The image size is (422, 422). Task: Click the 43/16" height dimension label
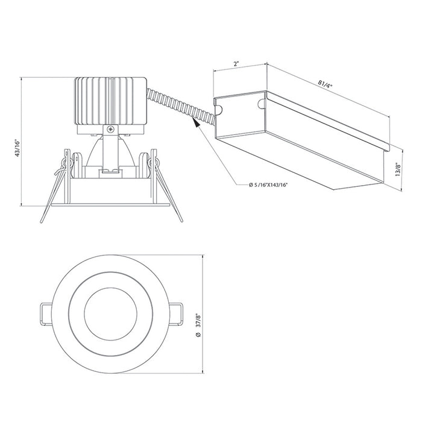coord(17,148)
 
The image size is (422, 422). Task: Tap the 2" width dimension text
coord(236,64)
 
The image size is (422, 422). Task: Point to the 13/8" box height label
coord(398,169)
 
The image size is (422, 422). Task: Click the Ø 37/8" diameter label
coord(198,325)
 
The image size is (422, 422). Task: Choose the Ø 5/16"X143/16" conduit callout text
coord(268,185)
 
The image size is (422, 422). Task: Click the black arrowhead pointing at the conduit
coord(196,122)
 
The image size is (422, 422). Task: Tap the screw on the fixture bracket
coord(110,129)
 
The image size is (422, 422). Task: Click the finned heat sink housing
coord(110,101)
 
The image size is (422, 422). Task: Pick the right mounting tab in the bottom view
coord(176,314)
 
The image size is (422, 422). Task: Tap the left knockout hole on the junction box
coord(218,110)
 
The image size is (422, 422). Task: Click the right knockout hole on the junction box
coord(261,104)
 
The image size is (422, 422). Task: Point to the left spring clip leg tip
coord(42,221)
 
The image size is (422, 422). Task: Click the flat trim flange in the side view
coord(110,205)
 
